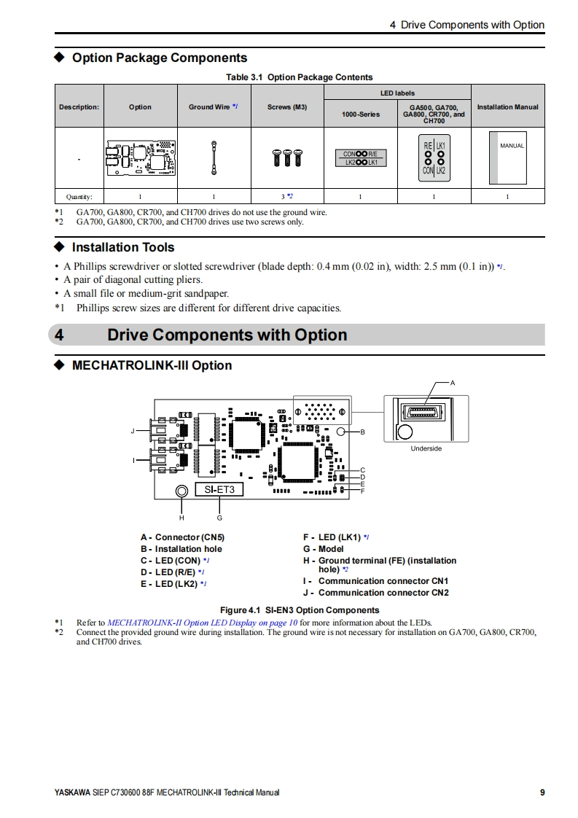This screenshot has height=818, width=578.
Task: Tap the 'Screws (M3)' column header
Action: pos(287,107)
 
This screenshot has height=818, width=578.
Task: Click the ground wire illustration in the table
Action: pos(214,157)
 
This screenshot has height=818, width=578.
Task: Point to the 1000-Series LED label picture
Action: pos(360,157)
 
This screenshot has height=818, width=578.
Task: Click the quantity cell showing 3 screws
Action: pos(287,196)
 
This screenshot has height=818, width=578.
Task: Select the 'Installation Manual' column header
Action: pos(507,107)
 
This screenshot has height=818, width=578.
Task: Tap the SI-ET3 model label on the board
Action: pos(219,490)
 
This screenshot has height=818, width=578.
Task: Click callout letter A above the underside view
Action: pos(453,383)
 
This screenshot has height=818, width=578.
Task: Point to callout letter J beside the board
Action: pos(133,431)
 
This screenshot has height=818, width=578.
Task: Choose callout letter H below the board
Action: pos(181,518)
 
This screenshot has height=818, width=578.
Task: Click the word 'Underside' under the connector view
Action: pos(426,448)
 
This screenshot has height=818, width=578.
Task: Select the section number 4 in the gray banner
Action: pos(60,335)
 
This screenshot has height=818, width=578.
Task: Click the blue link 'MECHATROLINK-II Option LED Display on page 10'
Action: pos(202,623)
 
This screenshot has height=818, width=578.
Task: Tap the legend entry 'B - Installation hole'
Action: pos(181,549)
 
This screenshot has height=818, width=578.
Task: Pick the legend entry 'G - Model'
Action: pos(323,549)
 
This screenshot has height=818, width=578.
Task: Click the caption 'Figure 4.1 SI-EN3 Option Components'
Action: pos(300,610)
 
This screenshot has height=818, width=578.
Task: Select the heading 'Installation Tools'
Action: pos(123,247)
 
